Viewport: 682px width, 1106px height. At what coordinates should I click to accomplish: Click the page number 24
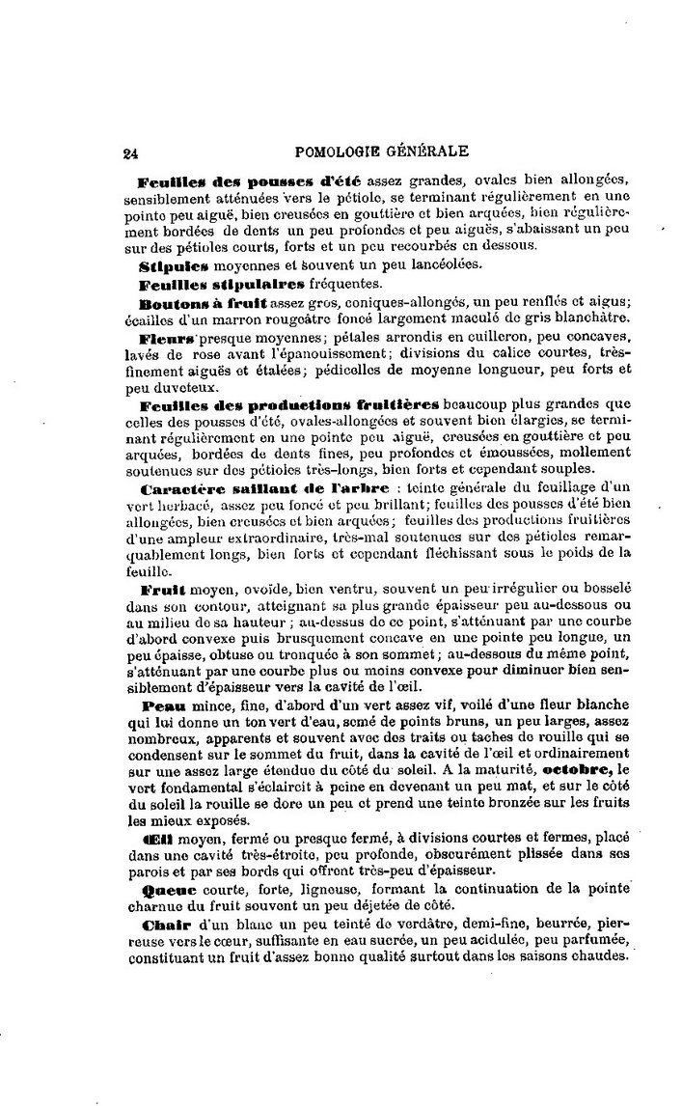[131, 152]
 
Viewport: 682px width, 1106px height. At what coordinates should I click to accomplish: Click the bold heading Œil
[155, 842]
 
